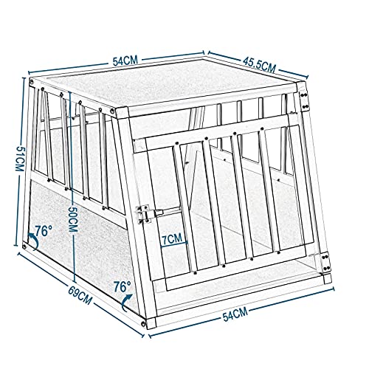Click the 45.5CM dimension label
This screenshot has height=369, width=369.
259,65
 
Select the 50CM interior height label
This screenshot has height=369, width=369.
73,218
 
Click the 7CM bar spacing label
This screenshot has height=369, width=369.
173,238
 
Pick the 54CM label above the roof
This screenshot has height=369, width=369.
125,61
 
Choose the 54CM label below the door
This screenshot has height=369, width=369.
235,315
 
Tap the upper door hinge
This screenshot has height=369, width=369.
305,100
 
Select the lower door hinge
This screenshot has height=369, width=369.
325,262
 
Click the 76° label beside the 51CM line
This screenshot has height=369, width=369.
44,231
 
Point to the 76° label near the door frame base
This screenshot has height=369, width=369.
123,286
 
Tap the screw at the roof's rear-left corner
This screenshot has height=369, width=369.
31,82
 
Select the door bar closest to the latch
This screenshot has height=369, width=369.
185,207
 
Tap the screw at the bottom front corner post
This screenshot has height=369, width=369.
143,323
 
